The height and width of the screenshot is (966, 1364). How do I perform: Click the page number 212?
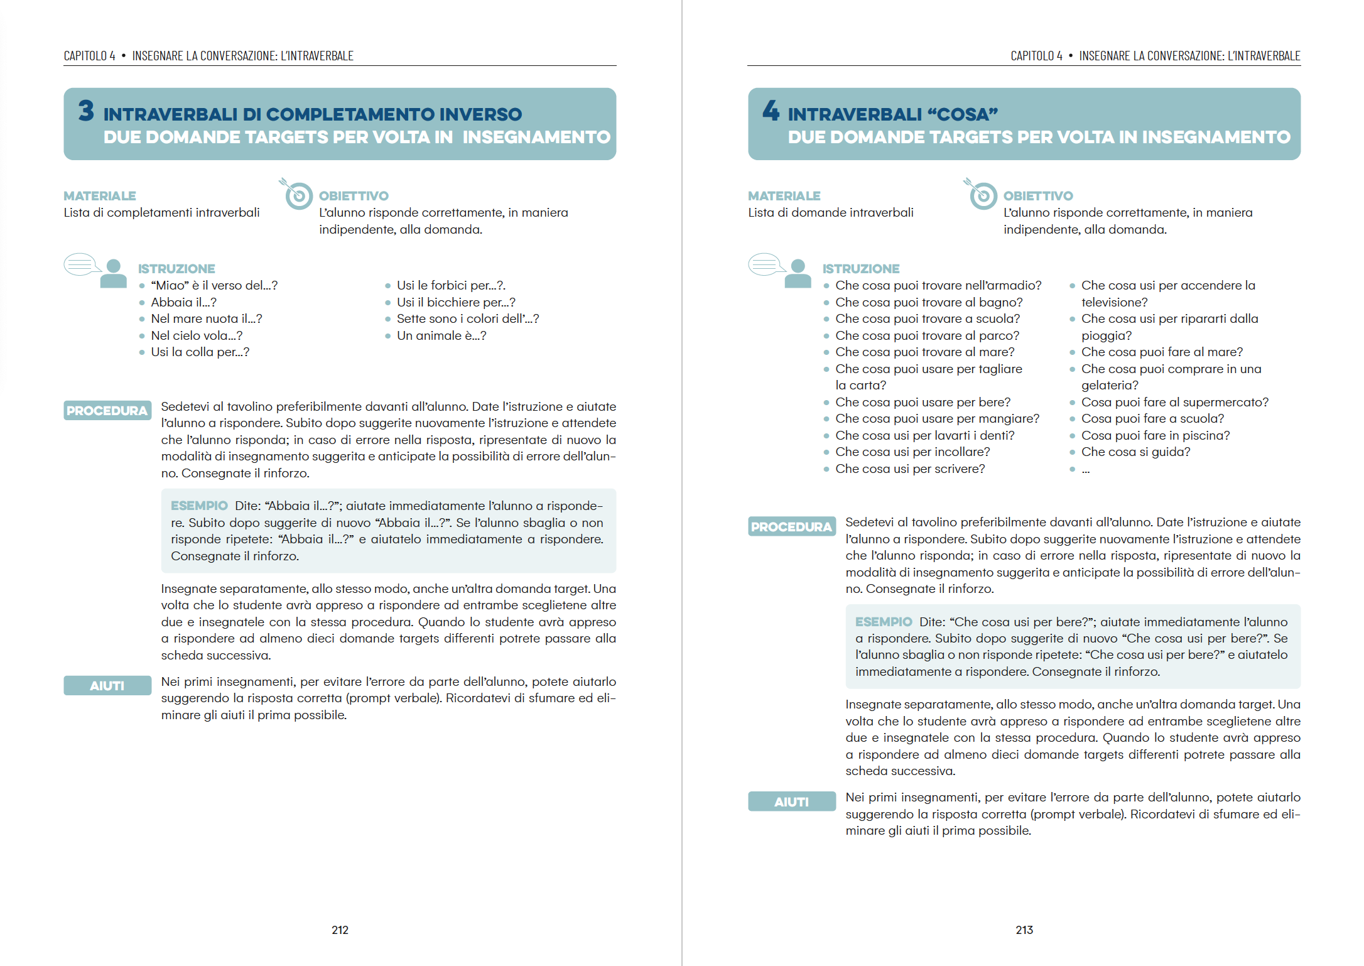340,930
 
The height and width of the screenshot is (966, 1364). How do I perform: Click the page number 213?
1024,930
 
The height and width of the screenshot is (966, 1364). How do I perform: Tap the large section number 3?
86,111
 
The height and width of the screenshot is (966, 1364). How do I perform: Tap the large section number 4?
771,111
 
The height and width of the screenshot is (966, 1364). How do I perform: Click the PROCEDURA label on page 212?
107,411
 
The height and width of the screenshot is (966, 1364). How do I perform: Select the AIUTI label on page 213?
791,802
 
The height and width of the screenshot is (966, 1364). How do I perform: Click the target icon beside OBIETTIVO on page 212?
298,195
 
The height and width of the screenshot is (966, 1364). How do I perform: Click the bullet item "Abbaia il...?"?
183,302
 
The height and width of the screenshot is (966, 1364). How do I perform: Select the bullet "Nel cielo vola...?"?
196,335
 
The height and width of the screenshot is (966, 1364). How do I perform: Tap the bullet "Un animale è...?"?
441,335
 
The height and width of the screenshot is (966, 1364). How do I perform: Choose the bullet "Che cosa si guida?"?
1135,452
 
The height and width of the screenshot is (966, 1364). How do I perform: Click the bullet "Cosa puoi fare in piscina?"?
1155,435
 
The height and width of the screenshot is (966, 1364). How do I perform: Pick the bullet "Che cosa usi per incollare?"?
912,452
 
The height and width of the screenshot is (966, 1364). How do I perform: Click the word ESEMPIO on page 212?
199,506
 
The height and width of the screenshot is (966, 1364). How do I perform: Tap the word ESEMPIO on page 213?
883,622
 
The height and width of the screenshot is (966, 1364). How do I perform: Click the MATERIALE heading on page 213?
784,196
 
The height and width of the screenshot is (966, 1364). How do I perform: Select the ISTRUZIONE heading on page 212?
176,269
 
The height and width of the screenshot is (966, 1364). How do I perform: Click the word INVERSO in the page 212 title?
480,114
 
